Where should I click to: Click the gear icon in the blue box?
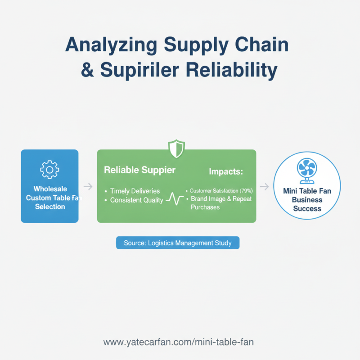click(49, 170)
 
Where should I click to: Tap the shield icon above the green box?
click(176, 149)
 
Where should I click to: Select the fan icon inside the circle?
click(307, 171)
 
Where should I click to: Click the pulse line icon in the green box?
click(175, 198)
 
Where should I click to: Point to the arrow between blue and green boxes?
click(88, 186)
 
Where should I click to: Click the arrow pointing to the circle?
click(264, 186)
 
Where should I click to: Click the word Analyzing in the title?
click(111, 45)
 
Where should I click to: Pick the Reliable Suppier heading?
click(139, 170)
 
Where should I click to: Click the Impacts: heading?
click(226, 171)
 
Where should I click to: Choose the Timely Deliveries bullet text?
click(135, 191)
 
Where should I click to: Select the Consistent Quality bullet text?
click(137, 200)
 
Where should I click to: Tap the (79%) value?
click(246, 191)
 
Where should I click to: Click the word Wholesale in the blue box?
click(50, 189)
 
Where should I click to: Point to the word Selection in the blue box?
click(50, 207)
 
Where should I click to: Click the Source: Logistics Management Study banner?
click(178, 243)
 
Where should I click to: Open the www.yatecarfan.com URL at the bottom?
click(178, 342)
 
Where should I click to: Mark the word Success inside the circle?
click(307, 208)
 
